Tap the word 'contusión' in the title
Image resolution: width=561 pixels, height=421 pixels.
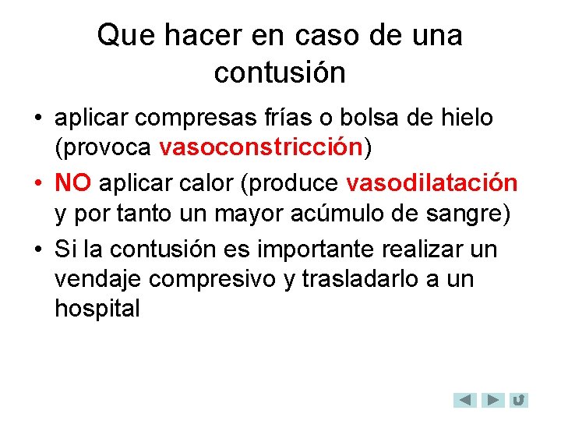280,73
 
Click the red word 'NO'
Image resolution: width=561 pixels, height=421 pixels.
73,182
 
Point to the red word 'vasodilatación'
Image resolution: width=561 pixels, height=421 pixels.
432,182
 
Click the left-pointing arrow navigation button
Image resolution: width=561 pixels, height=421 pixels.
465,400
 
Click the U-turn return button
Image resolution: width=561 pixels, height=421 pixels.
518,400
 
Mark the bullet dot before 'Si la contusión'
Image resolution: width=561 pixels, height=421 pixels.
37,249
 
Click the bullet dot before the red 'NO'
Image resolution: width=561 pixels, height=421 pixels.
37,183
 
